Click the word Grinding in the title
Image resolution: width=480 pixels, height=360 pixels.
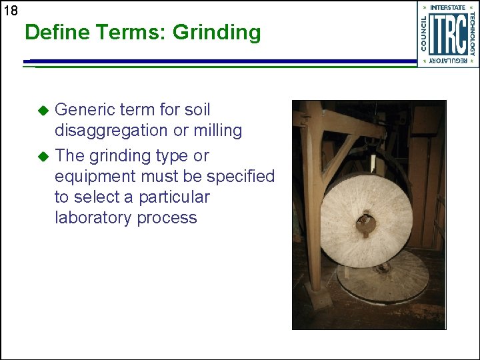coord(217,32)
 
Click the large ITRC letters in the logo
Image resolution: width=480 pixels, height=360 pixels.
coord(447,33)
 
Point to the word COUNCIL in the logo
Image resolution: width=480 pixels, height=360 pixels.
coord(425,34)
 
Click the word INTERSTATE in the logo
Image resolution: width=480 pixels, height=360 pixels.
coord(448,8)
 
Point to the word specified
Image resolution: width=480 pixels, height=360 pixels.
coord(241,177)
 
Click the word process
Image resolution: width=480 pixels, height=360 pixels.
coord(169,218)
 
